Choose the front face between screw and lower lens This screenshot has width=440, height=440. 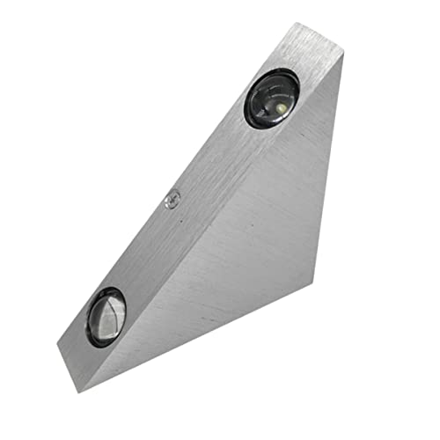click(x=141, y=255)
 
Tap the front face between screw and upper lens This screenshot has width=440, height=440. click(x=216, y=154)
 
